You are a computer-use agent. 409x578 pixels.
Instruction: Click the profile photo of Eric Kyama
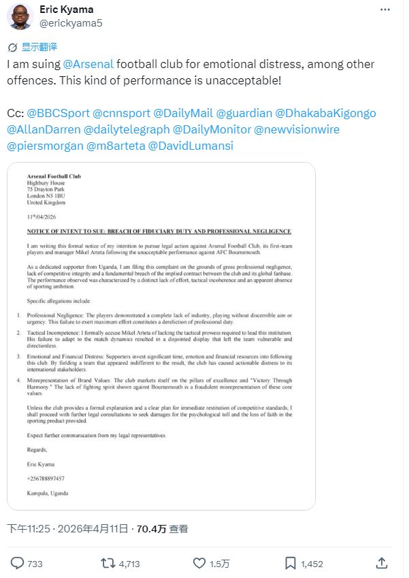click(x=20, y=16)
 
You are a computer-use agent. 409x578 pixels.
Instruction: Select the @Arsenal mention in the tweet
click(x=88, y=65)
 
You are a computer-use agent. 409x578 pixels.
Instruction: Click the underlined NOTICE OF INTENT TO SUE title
click(x=159, y=231)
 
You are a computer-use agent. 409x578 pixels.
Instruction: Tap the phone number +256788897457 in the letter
click(x=46, y=479)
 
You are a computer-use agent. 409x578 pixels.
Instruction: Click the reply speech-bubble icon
click(x=18, y=563)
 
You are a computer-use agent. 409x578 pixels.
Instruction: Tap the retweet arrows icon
click(x=108, y=563)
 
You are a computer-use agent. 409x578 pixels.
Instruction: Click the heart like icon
click(x=199, y=563)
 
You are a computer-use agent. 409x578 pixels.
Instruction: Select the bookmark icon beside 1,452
click(x=290, y=563)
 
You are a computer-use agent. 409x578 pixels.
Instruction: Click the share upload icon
click(x=382, y=563)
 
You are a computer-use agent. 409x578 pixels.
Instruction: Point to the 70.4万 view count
click(x=150, y=528)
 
